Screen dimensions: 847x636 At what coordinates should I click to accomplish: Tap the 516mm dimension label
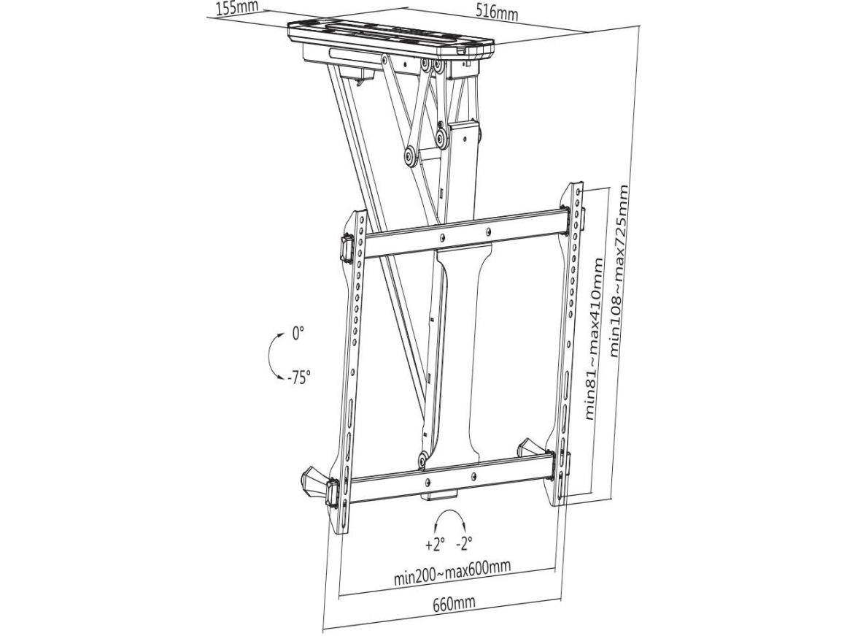click(497, 12)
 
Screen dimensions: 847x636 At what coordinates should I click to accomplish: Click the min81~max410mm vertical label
click(593, 338)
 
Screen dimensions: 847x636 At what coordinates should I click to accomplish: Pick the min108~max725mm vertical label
click(618, 270)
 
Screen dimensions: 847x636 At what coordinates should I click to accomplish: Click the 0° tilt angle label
click(298, 332)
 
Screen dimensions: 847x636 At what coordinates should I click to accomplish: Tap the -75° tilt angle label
click(298, 376)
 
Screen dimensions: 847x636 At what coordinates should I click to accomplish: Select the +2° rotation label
click(435, 543)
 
